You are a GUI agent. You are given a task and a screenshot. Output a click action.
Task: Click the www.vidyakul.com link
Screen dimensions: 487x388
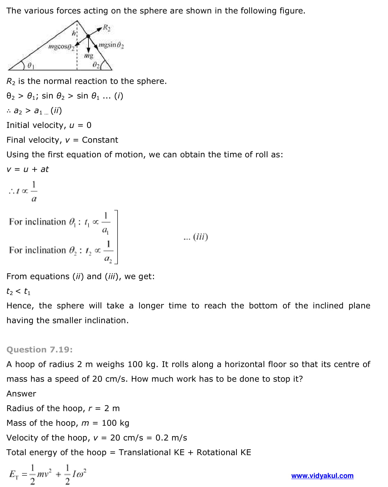tap(322, 476)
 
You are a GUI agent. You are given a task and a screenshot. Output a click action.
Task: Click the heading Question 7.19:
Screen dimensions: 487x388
tap(39, 350)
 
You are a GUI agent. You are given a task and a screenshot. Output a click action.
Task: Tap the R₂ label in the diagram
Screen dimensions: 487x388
tap(107, 28)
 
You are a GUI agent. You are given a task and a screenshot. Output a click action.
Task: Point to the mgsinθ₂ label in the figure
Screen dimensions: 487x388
tap(111, 45)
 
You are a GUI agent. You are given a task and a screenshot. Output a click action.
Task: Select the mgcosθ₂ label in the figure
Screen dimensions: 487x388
tap(62, 47)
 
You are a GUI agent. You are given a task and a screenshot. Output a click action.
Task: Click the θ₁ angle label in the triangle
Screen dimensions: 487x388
tap(30, 66)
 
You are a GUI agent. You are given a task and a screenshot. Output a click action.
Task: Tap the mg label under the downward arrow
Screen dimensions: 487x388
tap(89, 55)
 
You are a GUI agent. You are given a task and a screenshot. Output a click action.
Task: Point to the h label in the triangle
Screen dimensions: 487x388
tap(74, 33)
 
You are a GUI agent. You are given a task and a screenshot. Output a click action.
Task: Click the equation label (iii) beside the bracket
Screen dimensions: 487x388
tap(200, 237)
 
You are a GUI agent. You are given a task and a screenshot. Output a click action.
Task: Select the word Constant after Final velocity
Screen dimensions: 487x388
tap(100, 140)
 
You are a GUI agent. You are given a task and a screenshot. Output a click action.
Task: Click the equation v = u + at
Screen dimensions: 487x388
tap(28, 169)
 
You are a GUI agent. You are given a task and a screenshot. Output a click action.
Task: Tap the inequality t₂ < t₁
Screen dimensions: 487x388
tap(18, 291)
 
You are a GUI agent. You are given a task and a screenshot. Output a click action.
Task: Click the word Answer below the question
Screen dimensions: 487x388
tap(21, 394)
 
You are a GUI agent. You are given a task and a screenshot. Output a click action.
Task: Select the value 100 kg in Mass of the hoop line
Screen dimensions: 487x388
tap(116, 423)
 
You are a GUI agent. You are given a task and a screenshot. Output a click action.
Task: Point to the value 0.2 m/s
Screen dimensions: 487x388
tap(171, 438)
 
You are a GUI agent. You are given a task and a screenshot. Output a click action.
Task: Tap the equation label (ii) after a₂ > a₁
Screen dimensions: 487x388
tap(56, 111)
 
